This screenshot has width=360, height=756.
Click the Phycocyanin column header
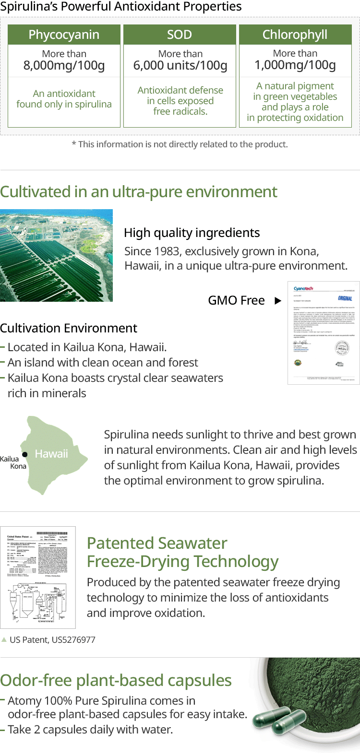point(64,35)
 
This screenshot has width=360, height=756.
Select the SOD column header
point(180,35)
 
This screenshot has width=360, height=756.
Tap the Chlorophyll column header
point(295,35)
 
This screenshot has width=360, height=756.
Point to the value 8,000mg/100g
point(64,65)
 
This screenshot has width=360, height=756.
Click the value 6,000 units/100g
point(180,65)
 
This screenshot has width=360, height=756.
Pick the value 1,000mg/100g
point(295,65)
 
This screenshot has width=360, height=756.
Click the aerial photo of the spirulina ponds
point(56,255)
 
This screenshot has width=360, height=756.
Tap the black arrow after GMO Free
point(277,301)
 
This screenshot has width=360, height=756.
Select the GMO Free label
point(236,301)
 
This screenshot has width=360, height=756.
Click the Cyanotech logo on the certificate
point(303,288)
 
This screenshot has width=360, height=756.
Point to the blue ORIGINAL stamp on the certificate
point(345,298)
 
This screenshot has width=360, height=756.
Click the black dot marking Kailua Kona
point(25,454)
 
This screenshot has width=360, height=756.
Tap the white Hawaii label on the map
point(51,454)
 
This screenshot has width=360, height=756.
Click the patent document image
point(38,577)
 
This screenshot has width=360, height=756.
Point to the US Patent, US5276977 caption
point(52,639)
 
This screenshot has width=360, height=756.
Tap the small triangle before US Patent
point(4,639)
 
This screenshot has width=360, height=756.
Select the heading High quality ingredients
point(192,233)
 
